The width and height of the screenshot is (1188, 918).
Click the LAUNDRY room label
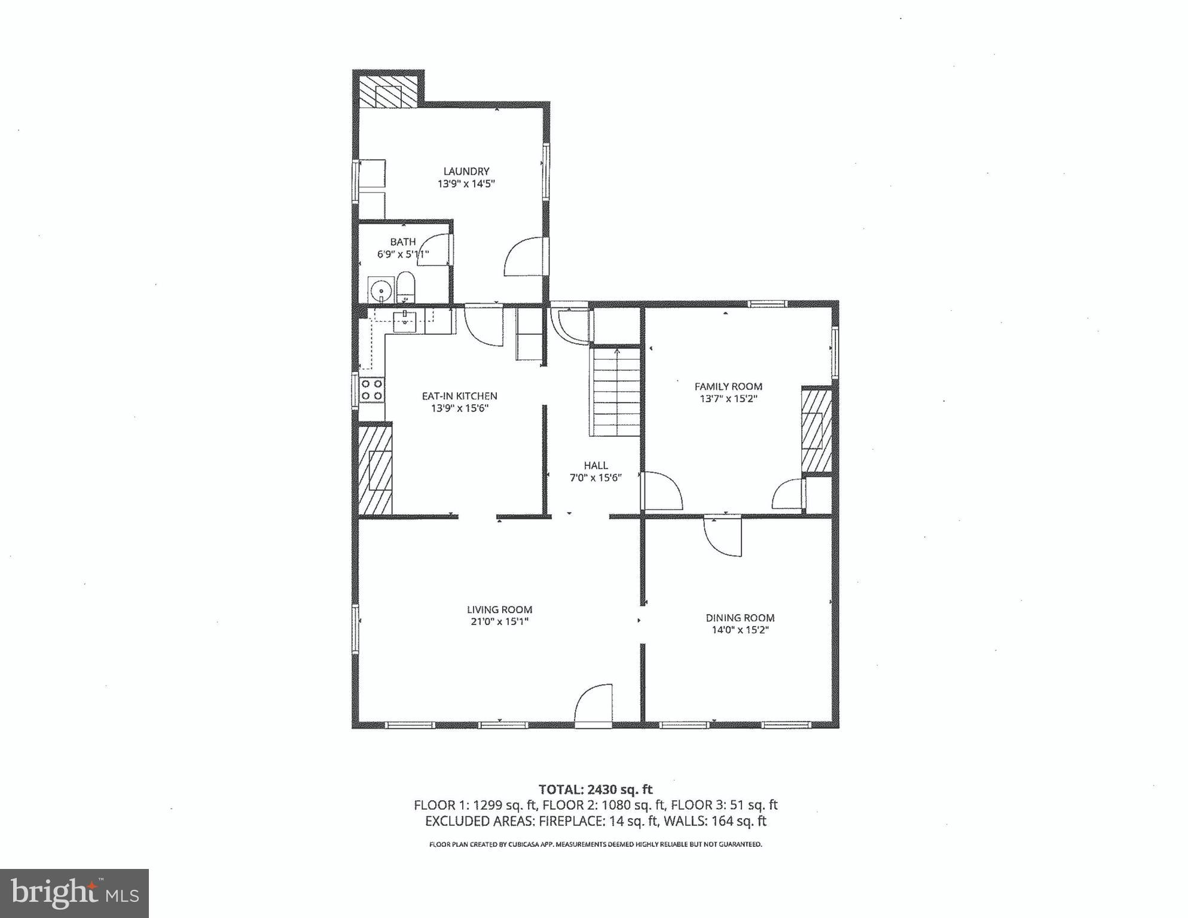(x=466, y=172)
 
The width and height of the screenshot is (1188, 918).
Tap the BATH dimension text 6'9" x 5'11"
(x=403, y=254)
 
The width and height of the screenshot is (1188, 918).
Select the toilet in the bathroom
(x=405, y=288)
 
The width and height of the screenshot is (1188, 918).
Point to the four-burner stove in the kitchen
(x=371, y=390)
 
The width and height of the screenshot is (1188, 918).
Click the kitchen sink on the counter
(x=405, y=321)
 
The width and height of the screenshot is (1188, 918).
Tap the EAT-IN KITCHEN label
(x=459, y=396)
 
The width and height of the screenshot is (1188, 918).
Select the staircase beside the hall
(x=616, y=392)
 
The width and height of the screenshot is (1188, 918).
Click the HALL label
(x=595, y=465)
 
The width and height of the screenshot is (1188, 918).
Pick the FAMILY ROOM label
(x=728, y=386)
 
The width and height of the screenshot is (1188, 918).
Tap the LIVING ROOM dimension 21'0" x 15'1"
(x=499, y=622)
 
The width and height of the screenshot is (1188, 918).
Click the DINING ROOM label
(x=740, y=618)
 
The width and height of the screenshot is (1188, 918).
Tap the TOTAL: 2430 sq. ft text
(x=595, y=789)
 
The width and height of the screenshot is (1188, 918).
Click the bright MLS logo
(x=74, y=893)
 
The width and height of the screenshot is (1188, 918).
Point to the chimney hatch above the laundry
(x=388, y=92)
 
